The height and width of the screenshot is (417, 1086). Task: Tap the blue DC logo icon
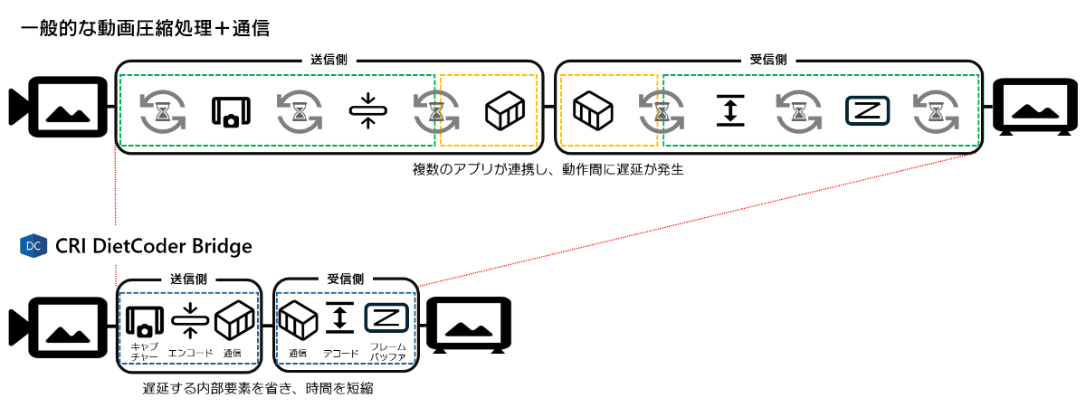(x=33, y=246)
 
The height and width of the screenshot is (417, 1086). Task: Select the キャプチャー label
(x=145, y=351)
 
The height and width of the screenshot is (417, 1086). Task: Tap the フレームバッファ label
(x=387, y=352)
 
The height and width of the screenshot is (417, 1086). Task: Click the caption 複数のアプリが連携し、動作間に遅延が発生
(x=547, y=169)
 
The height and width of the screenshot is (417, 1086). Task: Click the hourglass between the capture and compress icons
(x=300, y=111)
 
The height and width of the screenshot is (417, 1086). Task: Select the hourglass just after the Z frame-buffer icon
(x=935, y=111)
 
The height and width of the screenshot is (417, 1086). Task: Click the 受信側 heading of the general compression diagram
(x=768, y=60)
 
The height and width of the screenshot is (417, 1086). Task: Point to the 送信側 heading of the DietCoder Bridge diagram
(x=189, y=280)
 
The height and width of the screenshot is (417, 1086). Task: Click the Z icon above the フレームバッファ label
(x=387, y=317)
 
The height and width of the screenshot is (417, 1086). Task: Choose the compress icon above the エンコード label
(x=189, y=317)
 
